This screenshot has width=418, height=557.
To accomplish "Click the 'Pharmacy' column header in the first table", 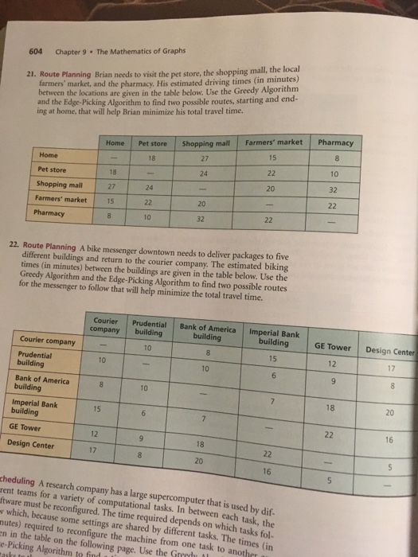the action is point(335,143).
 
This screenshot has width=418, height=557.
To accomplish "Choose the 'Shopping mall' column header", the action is point(205,143).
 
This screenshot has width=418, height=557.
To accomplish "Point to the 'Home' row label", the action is point(47,156).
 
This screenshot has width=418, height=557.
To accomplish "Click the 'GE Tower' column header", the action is point(332,347).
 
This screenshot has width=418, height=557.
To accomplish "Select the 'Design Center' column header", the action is point(389,350).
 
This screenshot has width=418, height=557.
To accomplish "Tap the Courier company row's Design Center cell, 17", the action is point(389,368).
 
